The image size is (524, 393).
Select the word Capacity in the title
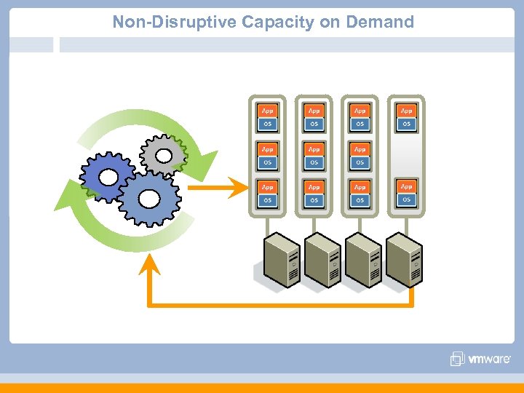[x=279, y=22]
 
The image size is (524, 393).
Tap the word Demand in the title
[x=380, y=22]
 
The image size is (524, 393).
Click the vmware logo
[x=480, y=359]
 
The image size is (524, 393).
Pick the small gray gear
[x=164, y=155]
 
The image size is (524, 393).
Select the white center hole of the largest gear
[x=150, y=198]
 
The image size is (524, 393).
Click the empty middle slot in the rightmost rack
[x=406, y=155]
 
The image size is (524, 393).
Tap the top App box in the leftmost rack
[x=268, y=111]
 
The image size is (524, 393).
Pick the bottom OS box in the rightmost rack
[x=406, y=199]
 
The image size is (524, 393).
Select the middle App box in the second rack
[x=314, y=148]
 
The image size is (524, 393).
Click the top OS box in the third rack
[x=360, y=124]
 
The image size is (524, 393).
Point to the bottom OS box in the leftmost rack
[x=268, y=199]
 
